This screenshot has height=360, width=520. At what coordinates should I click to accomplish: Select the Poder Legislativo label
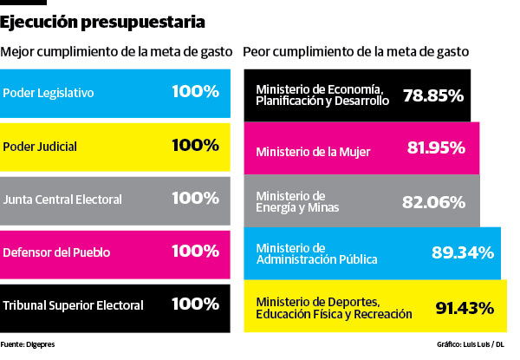point(48,93)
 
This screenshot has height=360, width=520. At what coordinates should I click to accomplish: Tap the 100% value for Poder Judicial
point(195,145)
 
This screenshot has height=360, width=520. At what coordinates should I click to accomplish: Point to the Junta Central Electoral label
point(62,199)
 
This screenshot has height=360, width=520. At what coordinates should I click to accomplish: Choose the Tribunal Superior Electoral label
point(74,306)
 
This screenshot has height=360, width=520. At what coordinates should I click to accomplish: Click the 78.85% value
point(433,95)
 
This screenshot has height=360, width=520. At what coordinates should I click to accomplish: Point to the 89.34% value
point(462,253)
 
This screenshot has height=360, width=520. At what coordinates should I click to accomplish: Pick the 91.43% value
point(465,307)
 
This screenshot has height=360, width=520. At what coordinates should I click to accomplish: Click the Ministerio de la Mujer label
point(313,152)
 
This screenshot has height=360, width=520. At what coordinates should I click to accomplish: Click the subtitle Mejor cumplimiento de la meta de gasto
point(116,51)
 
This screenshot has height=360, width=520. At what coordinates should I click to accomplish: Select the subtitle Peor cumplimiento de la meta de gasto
point(356,51)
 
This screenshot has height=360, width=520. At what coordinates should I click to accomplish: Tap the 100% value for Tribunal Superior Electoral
point(195,304)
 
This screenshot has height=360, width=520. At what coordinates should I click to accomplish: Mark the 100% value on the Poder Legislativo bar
point(195,91)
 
